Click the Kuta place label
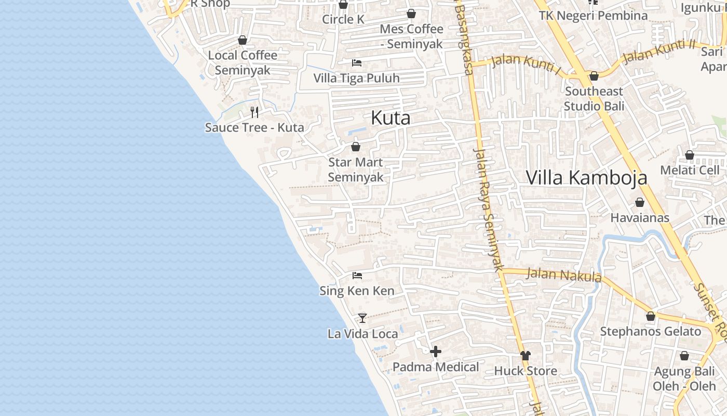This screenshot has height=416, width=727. coord(391,118)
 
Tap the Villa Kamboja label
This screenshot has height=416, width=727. coord(586,177)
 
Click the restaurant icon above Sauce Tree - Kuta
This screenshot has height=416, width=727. coord(254,112)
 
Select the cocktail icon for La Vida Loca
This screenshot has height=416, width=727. coord(362,318)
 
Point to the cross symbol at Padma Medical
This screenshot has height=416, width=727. coord(436,352)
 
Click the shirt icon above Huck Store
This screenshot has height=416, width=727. coord(526,356)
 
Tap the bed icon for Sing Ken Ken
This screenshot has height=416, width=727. coord(357,275)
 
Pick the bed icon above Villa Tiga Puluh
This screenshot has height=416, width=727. coord(356,63)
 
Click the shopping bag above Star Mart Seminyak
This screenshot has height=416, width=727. coord(356,147)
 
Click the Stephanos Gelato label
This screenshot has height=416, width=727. coord(650,331)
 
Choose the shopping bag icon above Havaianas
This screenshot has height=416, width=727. coord(640,202)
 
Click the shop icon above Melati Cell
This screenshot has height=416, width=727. coord(690,155)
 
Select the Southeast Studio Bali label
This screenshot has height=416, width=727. coord(594,98)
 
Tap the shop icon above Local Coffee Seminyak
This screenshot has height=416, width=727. coord(242,40)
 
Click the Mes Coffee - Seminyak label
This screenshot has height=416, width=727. coord(411,36)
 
